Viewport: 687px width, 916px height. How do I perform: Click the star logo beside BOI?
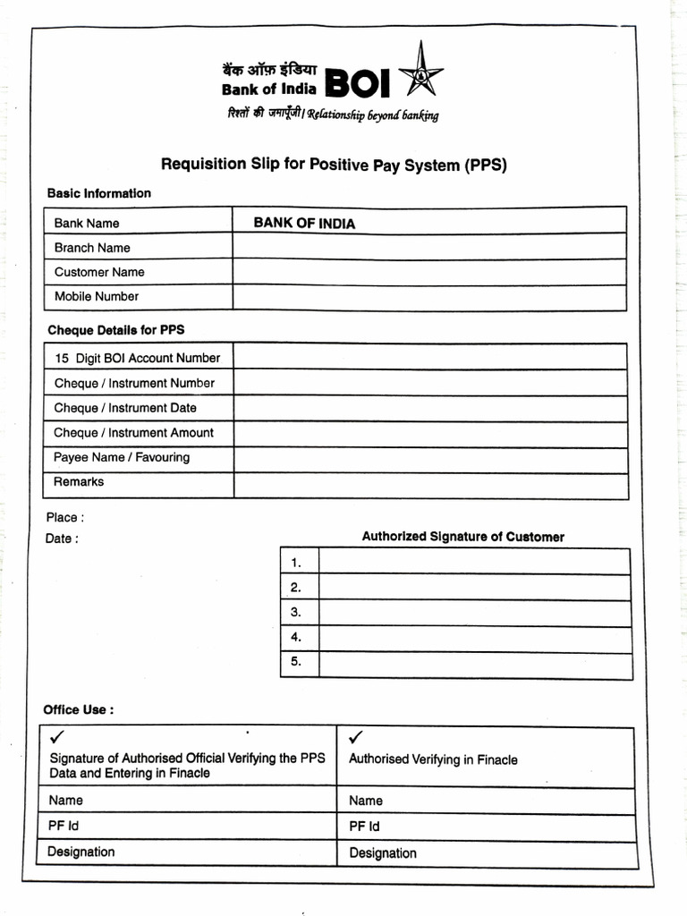click(x=420, y=72)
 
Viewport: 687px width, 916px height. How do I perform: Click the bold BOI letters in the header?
click(x=358, y=83)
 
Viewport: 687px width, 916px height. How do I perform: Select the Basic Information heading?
click(x=98, y=193)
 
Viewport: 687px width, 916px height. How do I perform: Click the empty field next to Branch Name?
click(x=429, y=247)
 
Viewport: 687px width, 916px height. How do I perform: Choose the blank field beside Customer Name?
click(x=429, y=272)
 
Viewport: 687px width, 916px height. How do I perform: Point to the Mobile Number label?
click(x=97, y=296)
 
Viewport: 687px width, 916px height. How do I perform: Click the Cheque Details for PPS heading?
click(x=115, y=330)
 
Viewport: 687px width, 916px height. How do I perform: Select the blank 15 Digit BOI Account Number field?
click(x=429, y=358)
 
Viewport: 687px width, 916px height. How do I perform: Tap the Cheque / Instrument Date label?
click(x=125, y=408)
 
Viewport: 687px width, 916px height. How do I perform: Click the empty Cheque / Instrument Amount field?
click(x=429, y=434)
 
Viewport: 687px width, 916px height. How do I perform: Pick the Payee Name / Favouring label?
click(x=122, y=457)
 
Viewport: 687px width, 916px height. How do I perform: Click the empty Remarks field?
click(x=429, y=484)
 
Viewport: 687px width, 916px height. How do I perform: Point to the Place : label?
click(x=64, y=517)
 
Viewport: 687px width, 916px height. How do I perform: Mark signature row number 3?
click(x=474, y=613)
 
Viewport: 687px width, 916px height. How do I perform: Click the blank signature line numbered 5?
click(x=474, y=664)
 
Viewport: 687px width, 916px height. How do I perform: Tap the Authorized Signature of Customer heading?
click(x=462, y=537)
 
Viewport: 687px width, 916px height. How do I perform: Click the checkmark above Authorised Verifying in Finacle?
click(x=356, y=737)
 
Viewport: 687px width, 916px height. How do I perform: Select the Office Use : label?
click(x=79, y=709)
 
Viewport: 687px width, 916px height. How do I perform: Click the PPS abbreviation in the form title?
click(x=487, y=165)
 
